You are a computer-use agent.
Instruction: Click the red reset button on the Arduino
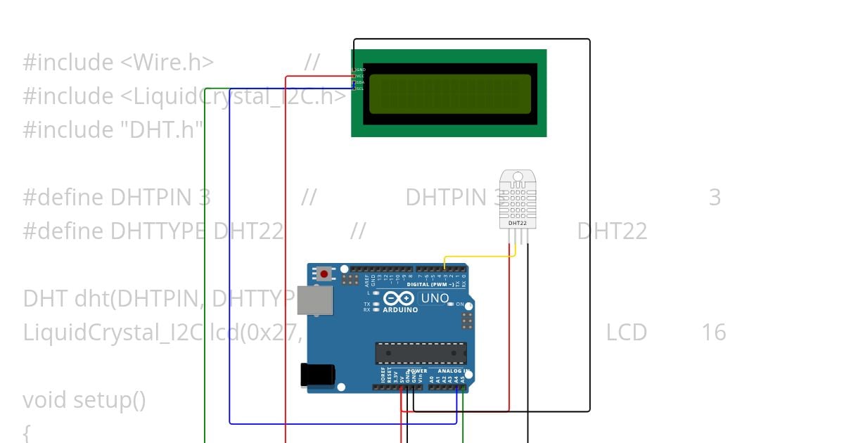(324, 274)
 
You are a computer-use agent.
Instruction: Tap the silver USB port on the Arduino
(310, 300)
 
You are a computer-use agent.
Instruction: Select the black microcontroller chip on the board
(421, 353)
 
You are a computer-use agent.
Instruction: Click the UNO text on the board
(435, 298)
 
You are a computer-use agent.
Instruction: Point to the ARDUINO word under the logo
(399, 309)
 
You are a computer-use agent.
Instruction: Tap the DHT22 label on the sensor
(517, 223)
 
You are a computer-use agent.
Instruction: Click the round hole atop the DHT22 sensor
(517, 175)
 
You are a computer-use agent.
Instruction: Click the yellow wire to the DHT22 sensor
(478, 256)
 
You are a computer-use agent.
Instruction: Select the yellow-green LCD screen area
(450, 94)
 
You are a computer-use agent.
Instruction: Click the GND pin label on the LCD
(361, 70)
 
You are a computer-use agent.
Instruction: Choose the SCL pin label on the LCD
(360, 89)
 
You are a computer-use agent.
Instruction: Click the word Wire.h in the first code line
(167, 62)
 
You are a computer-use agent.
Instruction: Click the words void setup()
(84, 399)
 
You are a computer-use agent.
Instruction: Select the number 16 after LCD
(713, 332)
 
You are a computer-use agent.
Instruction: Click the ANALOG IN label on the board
(453, 371)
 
